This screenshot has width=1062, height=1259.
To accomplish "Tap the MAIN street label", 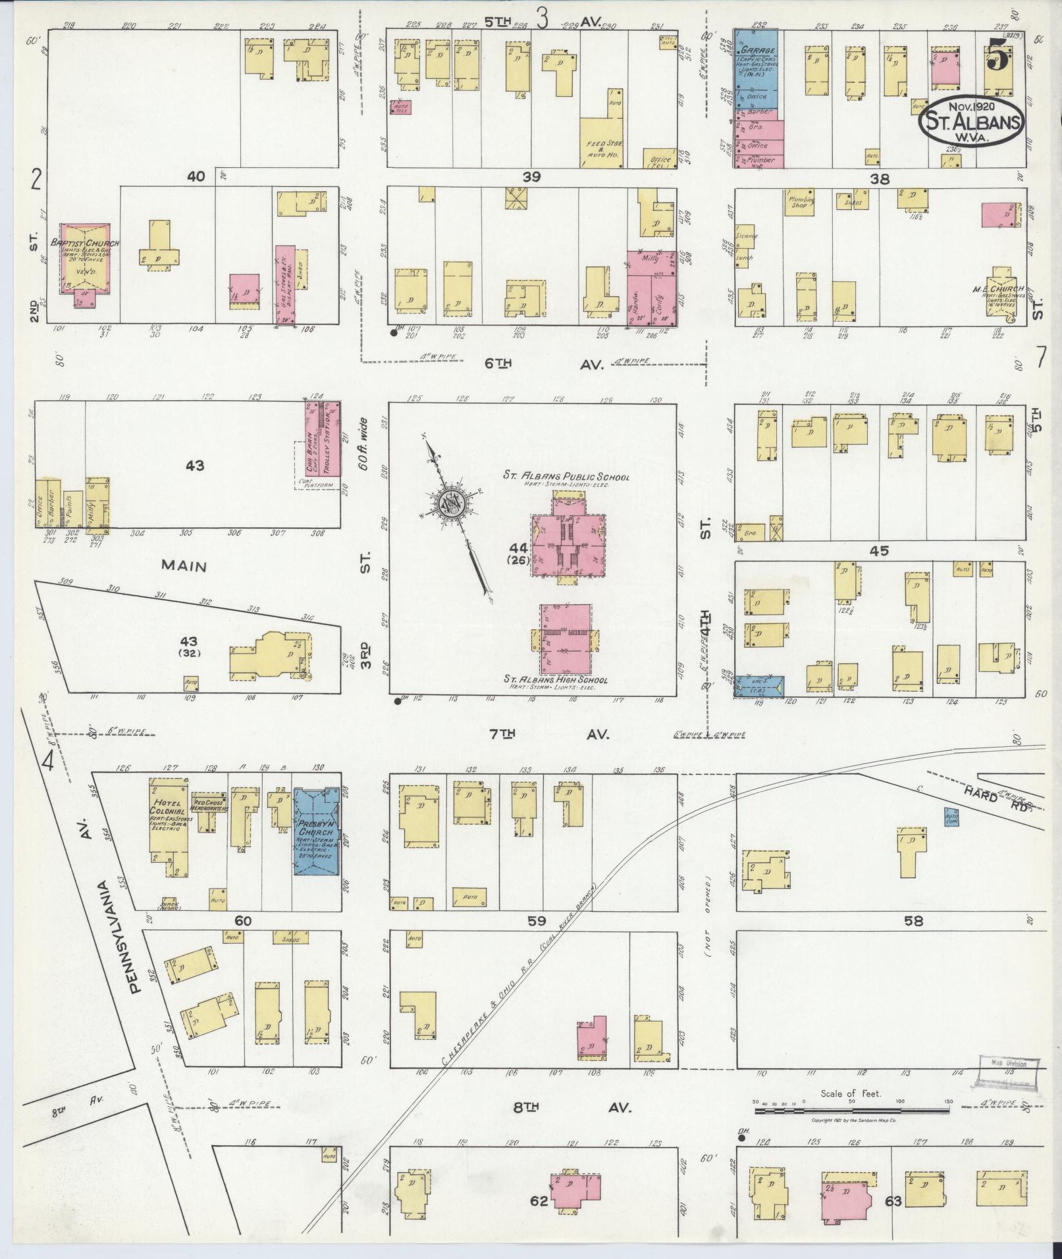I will (x=185, y=566).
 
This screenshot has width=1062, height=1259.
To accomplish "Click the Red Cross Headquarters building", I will (x=209, y=807).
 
